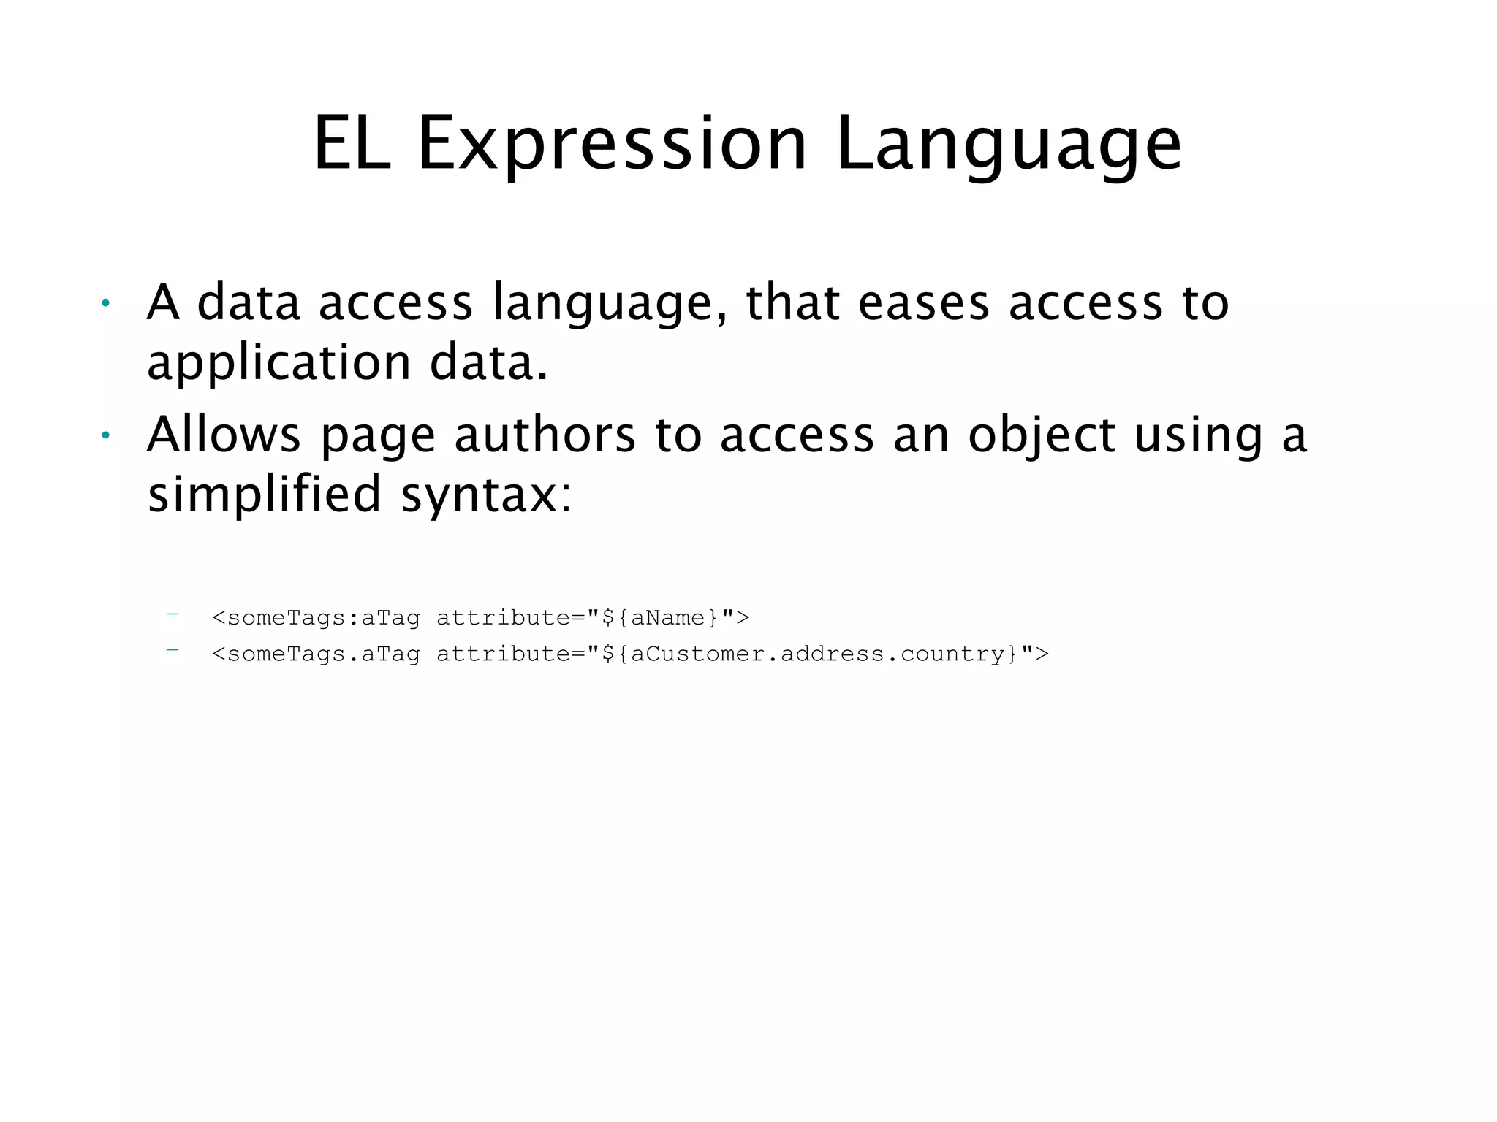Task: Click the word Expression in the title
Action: [613, 144]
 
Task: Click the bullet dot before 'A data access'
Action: [106, 303]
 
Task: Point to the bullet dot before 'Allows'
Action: [106, 435]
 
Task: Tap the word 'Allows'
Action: [224, 435]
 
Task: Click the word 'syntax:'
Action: [486, 495]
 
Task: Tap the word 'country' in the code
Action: [953, 654]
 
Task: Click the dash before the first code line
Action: [173, 614]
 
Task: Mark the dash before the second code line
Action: [173, 649]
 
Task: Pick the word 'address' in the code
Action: [833, 654]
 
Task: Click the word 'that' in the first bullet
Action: [792, 303]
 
